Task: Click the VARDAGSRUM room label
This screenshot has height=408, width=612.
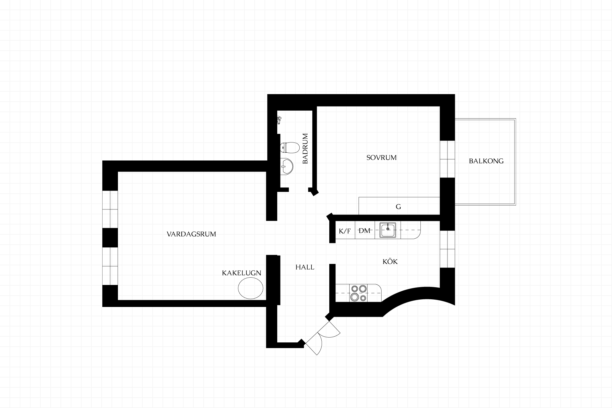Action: pos(191,234)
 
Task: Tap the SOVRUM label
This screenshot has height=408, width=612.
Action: pos(382,157)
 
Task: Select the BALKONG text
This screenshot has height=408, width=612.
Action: pos(486,161)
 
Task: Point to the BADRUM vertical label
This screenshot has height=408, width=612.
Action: pos(305,149)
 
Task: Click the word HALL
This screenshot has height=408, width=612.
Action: pos(305,267)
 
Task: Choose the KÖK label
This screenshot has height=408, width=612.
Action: pos(390,262)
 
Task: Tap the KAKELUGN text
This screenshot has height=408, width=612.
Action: pos(242,273)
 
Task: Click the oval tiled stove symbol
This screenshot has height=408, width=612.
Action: pos(251,288)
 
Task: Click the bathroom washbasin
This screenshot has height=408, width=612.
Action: pos(287,166)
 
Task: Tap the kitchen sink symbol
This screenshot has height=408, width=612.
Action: pos(388,230)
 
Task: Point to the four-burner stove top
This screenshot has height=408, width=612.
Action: pos(359,293)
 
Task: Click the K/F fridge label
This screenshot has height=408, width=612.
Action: pos(345,231)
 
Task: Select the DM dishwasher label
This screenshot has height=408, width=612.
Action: pos(365,231)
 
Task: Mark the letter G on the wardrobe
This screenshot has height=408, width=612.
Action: pos(398,207)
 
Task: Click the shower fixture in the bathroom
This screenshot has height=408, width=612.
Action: pos(279,120)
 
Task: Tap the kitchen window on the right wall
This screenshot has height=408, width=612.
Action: pos(447,249)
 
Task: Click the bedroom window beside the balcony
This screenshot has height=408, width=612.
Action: pos(447,159)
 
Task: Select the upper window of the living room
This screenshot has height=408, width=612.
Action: pos(110,209)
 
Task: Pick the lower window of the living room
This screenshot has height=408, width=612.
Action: pos(110,266)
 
